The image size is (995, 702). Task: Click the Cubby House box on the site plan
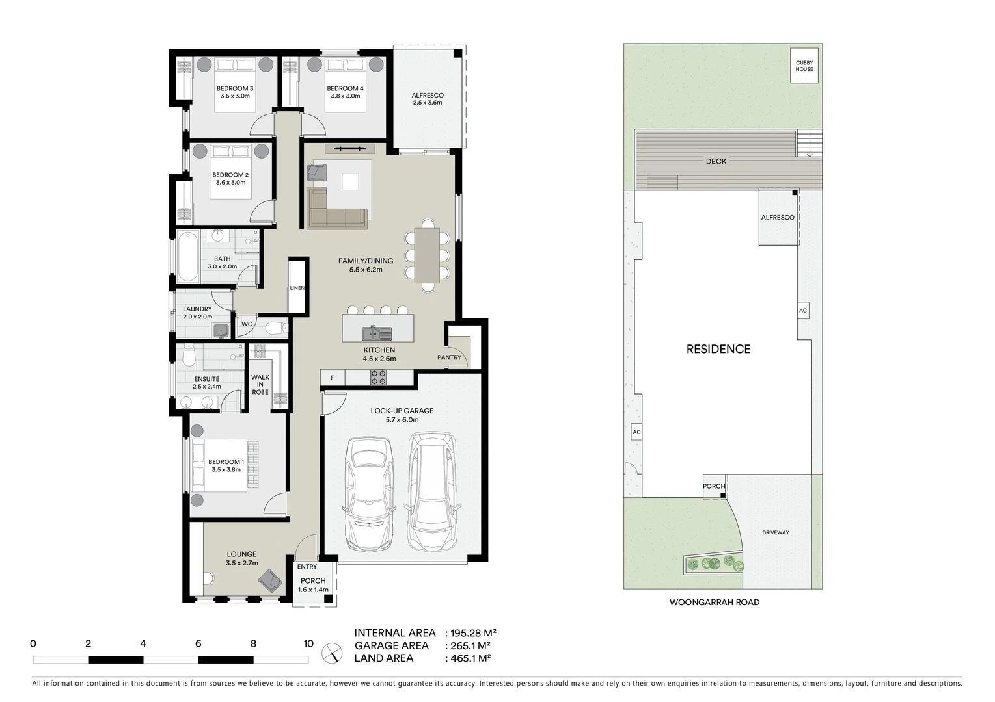(x=804, y=66)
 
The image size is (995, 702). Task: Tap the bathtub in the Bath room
(x=187, y=256)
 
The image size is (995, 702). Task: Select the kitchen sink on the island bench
(x=377, y=333)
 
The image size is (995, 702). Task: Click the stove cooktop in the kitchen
(x=378, y=377)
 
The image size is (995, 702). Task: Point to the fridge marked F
(x=333, y=378)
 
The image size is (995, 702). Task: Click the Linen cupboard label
(x=297, y=288)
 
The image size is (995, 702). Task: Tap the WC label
(x=247, y=324)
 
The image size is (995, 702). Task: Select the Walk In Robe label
(x=260, y=384)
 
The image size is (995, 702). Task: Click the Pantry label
(x=449, y=357)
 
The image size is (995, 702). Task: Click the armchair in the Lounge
(x=269, y=580)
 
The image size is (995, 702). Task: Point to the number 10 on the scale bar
(x=308, y=644)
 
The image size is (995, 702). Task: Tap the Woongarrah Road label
(x=714, y=603)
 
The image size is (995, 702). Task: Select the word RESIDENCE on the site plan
(x=718, y=349)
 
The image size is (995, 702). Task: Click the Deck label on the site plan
(x=716, y=161)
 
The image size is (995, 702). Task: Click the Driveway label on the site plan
(x=775, y=532)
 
